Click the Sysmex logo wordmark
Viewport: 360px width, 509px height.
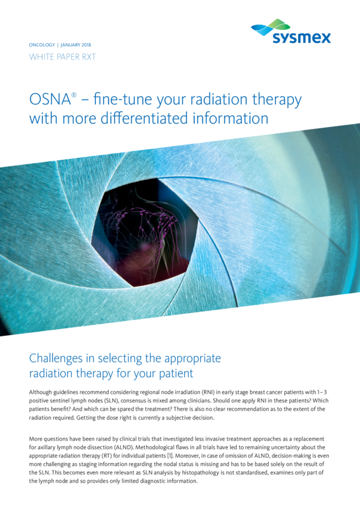click(x=302, y=38)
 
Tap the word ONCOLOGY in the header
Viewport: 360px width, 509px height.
click(x=42, y=45)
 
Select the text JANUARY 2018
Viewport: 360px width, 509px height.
click(x=76, y=45)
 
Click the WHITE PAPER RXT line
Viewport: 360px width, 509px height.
click(x=62, y=57)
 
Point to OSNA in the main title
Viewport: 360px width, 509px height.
click(x=50, y=99)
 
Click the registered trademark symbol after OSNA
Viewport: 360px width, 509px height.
click(x=74, y=95)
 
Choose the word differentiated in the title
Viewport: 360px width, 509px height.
click(x=144, y=118)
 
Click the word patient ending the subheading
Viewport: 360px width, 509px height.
click(x=176, y=374)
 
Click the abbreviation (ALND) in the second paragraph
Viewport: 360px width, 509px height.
click(x=123, y=447)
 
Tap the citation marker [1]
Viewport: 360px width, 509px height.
click(x=170, y=456)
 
